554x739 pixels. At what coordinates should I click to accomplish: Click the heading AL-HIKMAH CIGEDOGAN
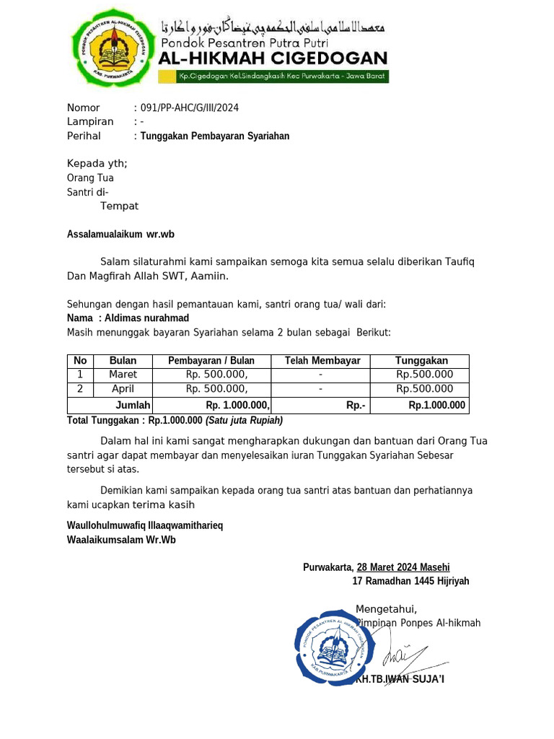click(x=273, y=58)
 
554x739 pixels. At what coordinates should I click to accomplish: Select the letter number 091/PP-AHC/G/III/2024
click(x=190, y=108)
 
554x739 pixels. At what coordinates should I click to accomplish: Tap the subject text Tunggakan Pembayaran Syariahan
click(x=215, y=136)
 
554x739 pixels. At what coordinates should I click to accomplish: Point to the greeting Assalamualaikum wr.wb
click(x=120, y=235)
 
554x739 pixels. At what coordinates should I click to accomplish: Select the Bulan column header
click(x=123, y=361)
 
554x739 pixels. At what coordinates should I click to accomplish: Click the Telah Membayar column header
click(x=322, y=361)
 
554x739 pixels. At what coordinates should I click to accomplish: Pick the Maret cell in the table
click(x=123, y=375)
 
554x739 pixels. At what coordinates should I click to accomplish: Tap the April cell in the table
click(x=123, y=389)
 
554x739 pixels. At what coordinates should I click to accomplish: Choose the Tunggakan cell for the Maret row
click(x=425, y=375)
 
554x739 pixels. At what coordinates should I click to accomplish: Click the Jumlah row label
click(x=133, y=406)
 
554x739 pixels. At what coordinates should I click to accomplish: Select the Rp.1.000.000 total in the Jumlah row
click(x=436, y=406)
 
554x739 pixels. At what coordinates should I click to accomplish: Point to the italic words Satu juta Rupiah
click(x=244, y=420)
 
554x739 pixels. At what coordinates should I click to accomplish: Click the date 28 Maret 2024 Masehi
click(x=403, y=568)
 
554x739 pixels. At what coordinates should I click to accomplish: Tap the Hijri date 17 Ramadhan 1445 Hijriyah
click(x=410, y=581)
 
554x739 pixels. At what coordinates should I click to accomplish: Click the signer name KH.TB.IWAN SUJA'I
click(x=400, y=679)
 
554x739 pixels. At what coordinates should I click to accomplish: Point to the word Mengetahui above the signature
click(x=386, y=609)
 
